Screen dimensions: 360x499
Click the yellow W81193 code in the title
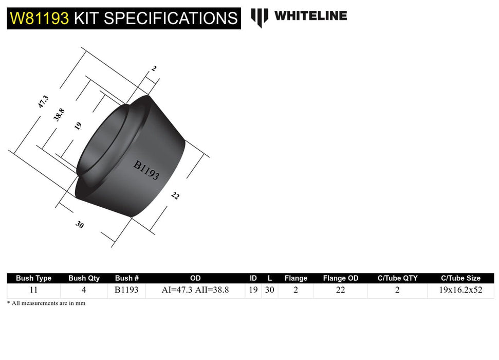40,19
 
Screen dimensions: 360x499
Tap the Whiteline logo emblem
259,17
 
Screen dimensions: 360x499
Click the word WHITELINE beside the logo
310,16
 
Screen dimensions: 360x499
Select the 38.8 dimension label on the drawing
59,114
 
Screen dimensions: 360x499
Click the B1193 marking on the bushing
146,170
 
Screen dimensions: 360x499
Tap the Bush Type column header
33,278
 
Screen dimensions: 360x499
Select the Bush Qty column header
84,278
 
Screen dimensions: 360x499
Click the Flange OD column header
340,278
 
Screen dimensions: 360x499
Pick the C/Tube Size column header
460,278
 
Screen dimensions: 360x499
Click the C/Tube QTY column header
397,278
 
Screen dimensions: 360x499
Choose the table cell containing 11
33,290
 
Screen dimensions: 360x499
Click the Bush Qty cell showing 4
84,290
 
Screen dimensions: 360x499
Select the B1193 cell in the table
126,290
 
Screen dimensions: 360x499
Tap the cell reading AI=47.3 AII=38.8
195,290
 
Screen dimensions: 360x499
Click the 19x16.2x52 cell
460,290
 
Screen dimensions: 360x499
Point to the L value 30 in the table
269,290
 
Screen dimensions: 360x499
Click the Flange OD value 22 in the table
340,290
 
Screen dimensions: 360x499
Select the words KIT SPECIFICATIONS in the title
156,19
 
